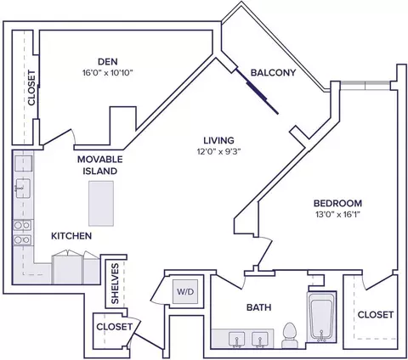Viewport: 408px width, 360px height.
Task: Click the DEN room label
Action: [108, 61]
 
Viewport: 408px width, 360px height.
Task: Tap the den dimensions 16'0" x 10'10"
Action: [108, 73]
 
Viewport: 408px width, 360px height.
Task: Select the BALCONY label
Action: [273, 73]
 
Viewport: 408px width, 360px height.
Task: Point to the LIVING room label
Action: [219, 140]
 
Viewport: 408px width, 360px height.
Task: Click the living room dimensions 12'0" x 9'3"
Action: [218, 152]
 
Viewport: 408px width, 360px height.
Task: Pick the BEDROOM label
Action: [337, 203]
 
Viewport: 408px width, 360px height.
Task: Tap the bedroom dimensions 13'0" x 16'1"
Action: [337, 215]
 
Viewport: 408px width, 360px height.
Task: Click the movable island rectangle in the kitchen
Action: [101, 204]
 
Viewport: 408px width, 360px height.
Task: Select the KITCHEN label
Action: [71, 236]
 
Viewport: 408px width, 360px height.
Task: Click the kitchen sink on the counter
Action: [23, 188]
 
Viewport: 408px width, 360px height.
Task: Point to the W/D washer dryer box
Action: [185, 292]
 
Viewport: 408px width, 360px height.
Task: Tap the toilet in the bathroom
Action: [289, 335]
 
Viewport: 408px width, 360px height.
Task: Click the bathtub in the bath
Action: [321, 317]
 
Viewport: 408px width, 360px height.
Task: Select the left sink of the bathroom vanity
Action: [236, 339]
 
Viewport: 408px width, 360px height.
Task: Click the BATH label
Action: [258, 307]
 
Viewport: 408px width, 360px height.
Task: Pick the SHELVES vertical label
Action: [115, 284]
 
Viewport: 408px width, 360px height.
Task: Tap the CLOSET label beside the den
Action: [31, 88]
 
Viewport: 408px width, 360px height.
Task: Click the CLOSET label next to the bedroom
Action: [376, 315]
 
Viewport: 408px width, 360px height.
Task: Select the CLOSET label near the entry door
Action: [114, 327]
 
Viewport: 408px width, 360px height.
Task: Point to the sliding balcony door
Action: [258, 92]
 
